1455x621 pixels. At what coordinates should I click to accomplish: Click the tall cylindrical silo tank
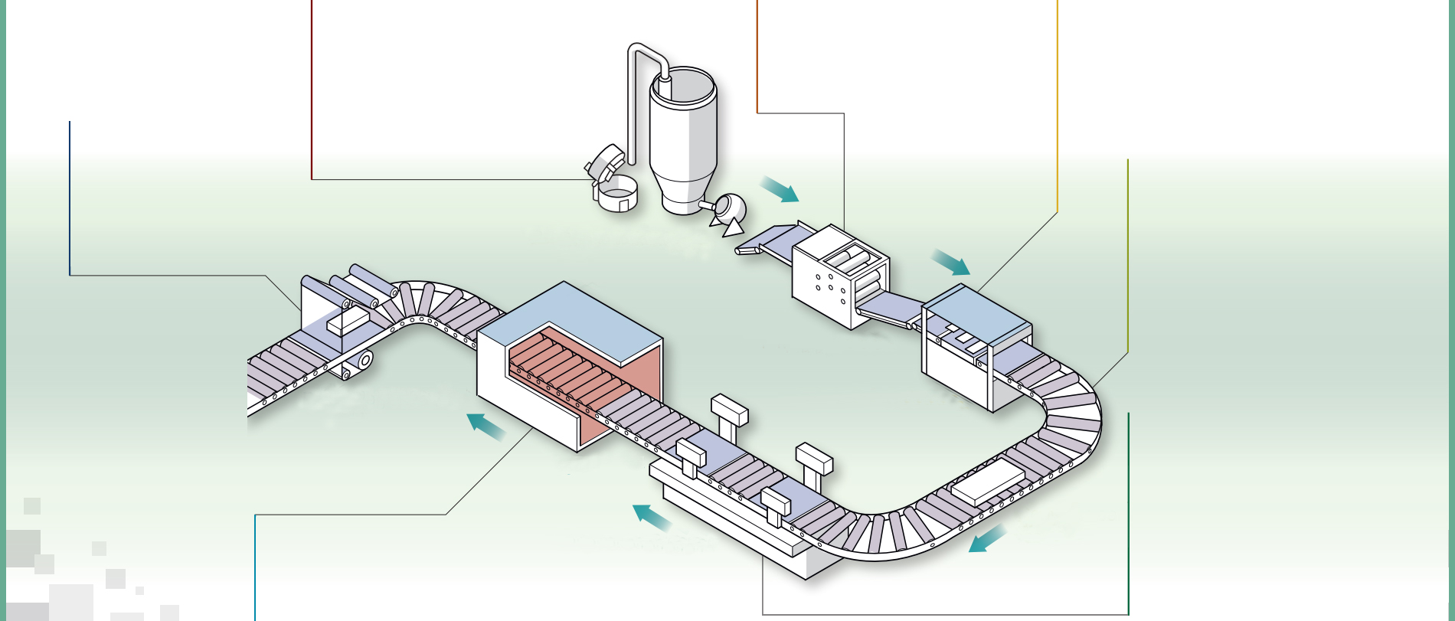(x=682, y=138)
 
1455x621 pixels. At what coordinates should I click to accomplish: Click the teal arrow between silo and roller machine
(x=780, y=189)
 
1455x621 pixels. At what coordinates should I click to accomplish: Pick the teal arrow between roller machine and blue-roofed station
(x=950, y=263)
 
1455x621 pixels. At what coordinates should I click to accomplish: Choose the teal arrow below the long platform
(x=652, y=518)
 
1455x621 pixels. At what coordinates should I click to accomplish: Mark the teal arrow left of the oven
(x=486, y=427)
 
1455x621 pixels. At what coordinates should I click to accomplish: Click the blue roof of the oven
(x=571, y=322)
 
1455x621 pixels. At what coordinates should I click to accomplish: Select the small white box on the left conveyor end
(x=348, y=321)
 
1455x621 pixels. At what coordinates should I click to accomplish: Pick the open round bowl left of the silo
(x=617, y=194)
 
